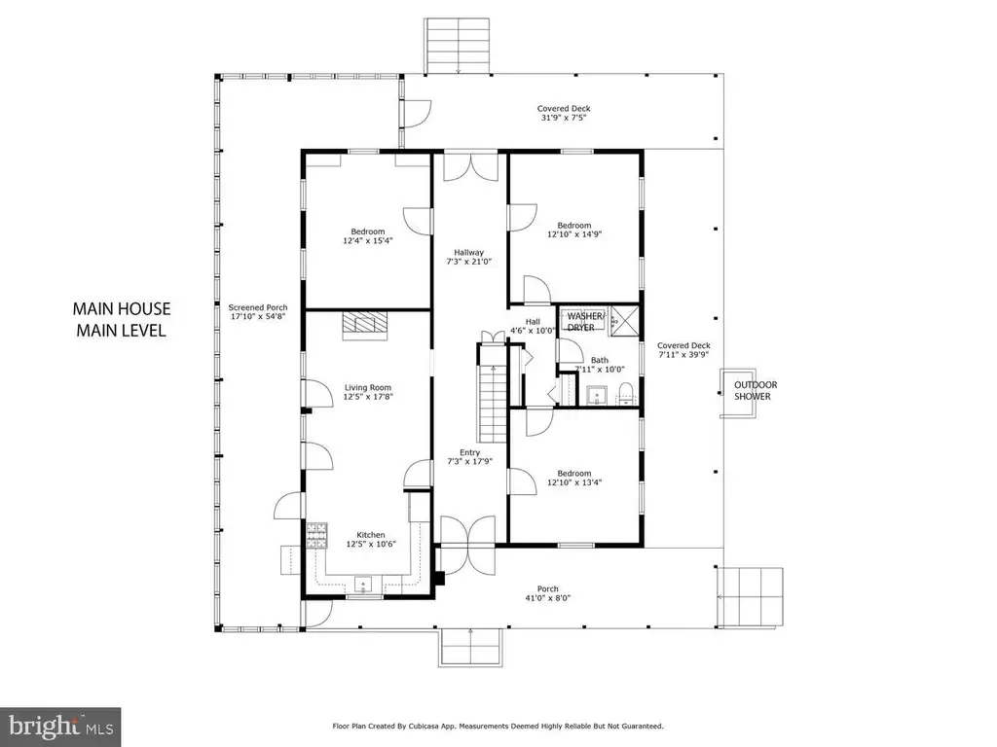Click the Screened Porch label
(258, 311)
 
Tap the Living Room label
(368, 392)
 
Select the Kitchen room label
(371, 539)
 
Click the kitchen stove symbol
(317, 536)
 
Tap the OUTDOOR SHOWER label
(756, 391)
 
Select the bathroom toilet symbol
(626, 395)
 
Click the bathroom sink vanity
(598, 395)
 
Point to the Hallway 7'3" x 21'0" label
(469, 257)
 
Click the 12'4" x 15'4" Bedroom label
(368, 235)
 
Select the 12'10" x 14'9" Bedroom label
(574, 230)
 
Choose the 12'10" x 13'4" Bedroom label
(574, 478)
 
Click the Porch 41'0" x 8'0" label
(548, 593)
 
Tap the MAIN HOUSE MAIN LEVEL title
(122, 319)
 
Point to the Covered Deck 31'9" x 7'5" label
(564, 113)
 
